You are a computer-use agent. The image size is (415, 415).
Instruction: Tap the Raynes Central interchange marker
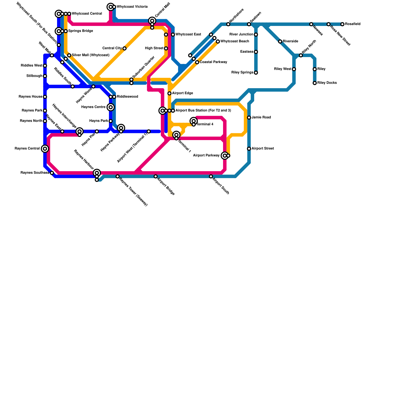tap(45, 149)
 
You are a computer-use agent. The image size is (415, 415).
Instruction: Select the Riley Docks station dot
tap(315, 83)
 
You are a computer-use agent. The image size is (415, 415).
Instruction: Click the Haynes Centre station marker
tap(111, 107)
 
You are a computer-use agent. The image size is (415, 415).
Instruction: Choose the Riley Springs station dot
tap(256, 73)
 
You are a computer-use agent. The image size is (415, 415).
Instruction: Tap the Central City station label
tap(112, 48)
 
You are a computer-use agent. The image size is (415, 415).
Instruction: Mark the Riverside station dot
tap(280, 41)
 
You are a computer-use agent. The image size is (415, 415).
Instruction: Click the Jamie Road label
tap(261, 117)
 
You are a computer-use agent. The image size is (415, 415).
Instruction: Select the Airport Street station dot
tap(249, 149)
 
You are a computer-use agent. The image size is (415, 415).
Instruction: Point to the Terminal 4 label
tap(205, 125)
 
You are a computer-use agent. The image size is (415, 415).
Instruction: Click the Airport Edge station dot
tap(169, 93)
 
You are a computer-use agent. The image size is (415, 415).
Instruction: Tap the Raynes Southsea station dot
tap(52, 173)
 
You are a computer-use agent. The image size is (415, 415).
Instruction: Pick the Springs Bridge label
tap(80, 31)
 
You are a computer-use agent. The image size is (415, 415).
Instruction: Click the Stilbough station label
tap(34, 76)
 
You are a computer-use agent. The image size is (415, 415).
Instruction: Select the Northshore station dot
tap(228, 24)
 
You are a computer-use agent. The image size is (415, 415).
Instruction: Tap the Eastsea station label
tap(247, 52)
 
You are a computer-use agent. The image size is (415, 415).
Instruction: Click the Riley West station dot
tap(294, 69)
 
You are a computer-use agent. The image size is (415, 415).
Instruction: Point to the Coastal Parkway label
tap(213, 62)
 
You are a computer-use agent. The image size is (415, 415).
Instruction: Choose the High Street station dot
tap(166, 49)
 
